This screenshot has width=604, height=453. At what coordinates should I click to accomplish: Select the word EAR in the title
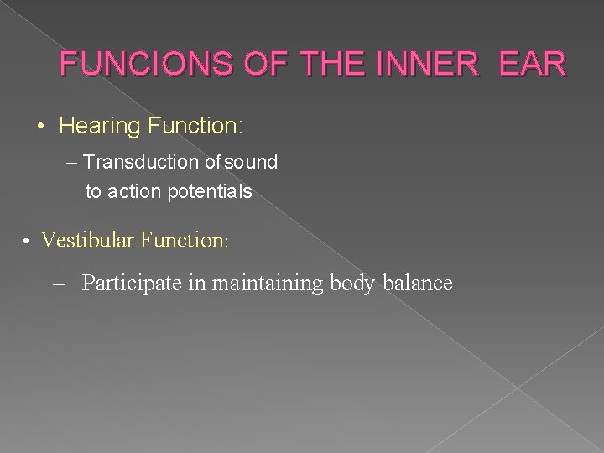tap(534, 63)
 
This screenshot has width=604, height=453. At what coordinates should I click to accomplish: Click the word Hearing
tap(101, 127)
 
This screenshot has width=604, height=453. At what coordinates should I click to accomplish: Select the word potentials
tap(210, 192)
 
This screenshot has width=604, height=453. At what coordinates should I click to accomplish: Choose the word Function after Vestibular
tap(183, 241)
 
